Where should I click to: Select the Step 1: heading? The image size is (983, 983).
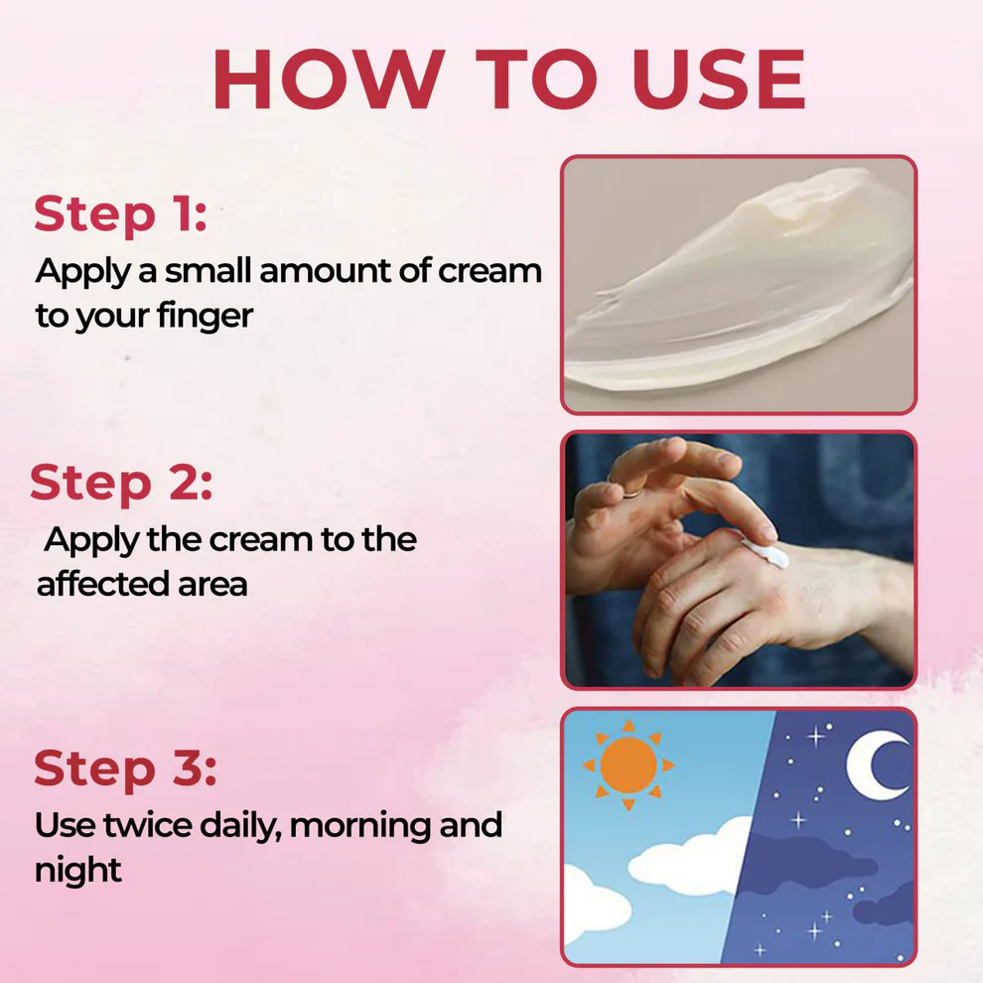(x=120, y=214)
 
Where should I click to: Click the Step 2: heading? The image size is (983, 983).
(x=121, y=483)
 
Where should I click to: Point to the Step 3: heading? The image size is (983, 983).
(x=125, y=769)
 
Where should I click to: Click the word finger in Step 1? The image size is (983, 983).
(x=205, y=317)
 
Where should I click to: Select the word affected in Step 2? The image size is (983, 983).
(x=93, y=584)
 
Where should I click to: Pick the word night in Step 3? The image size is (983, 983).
(x=77, y=871)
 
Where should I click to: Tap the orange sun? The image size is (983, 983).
(x=629, y=766)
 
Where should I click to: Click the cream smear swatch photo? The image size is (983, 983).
(x=739, y=284)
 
